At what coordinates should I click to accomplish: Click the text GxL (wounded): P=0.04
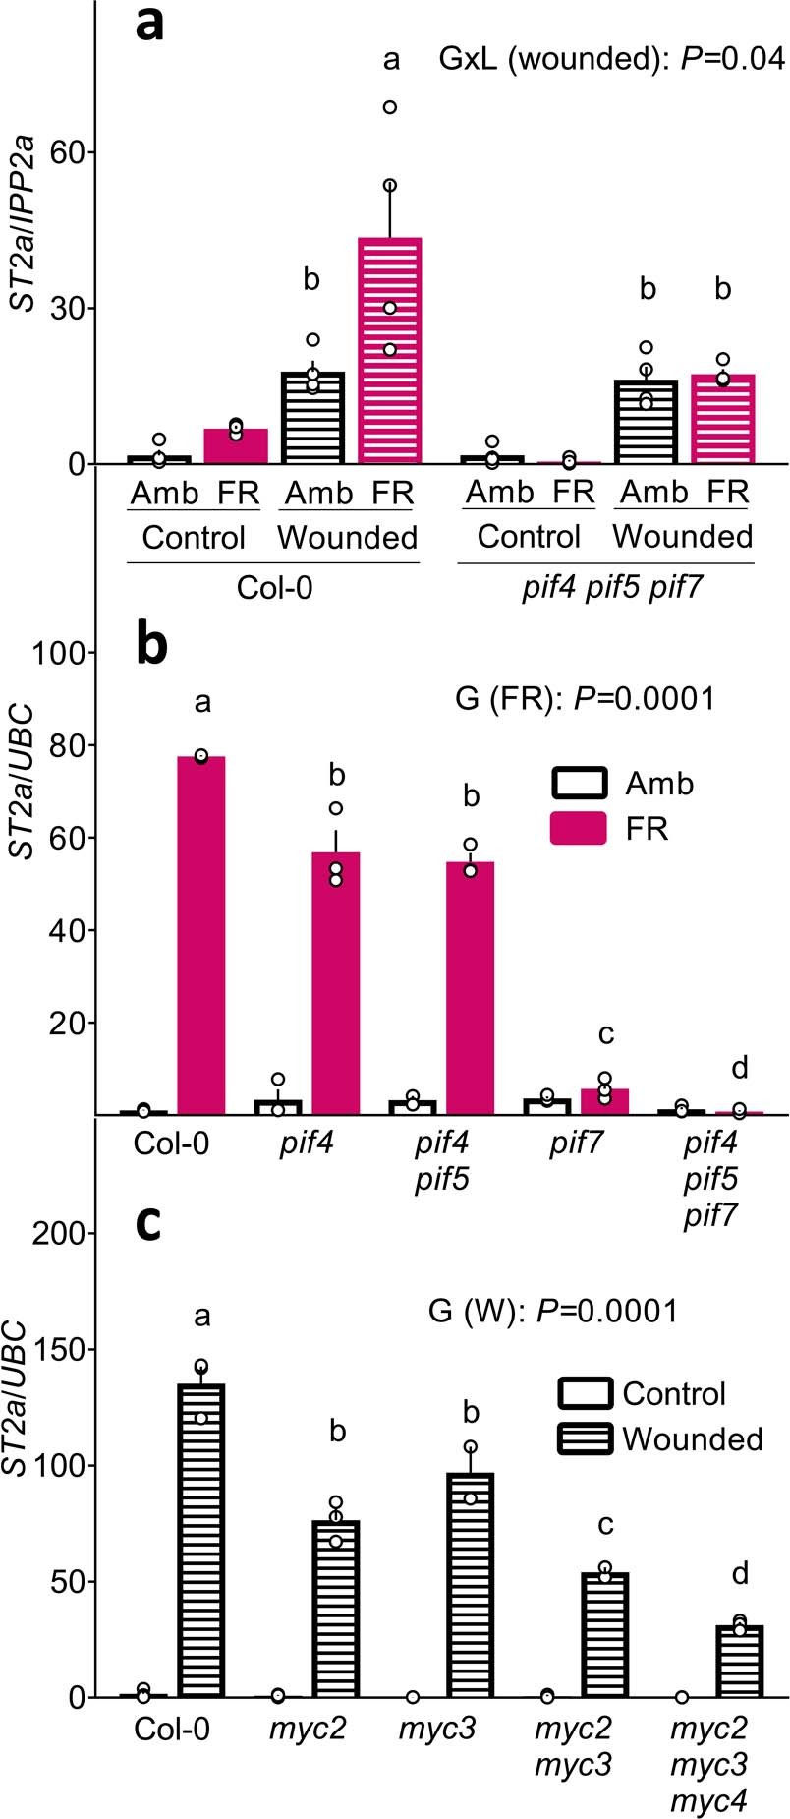[x=611, y=59]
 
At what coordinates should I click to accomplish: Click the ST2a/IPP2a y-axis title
[x=24, y=209]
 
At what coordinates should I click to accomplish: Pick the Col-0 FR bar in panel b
[x=201, y=934]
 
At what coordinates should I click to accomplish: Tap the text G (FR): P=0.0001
[x=585, y=699]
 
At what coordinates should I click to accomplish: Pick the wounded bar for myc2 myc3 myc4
[x=739, y=1661]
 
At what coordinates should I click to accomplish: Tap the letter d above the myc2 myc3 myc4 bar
[x=739, y=1574]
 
